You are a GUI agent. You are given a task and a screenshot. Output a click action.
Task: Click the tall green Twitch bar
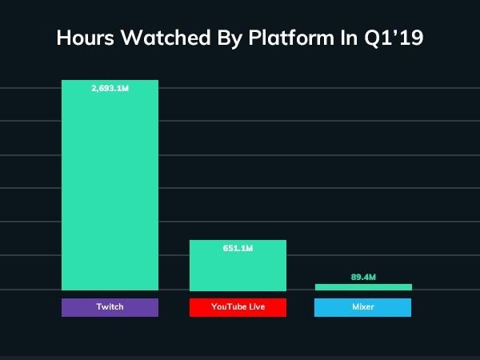pyautogui.click(x=110, y=192)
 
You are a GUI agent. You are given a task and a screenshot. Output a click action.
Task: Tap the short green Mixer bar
pyautogui.click(x=362, y=287)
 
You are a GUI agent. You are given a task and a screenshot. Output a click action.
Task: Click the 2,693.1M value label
pyautogui.click(x=110, y=89)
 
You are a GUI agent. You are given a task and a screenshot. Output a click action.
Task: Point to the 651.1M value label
pyautogui.click(x=238, y=249)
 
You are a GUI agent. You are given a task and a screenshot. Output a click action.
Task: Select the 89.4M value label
pyautogui.click(x=362, y=277)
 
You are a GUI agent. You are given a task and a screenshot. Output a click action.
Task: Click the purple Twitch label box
pyautogui.click(x=110, y=307)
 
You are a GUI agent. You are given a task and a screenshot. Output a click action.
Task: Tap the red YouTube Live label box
pyautogui.click(x=238, y=307)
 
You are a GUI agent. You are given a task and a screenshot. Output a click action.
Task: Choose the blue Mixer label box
pyautogui.click(x=362, y=307)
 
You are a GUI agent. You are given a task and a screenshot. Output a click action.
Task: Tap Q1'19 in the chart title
pyautogui.click(x=396, y=38)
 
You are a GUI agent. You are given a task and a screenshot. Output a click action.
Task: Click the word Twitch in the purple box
pyautogui.click(x=110, y=307)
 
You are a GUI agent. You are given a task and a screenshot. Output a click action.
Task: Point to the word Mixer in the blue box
pyautogui.click(x=362, y=307)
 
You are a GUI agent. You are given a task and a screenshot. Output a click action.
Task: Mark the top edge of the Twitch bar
pyautogui.click(x=110, y=81)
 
